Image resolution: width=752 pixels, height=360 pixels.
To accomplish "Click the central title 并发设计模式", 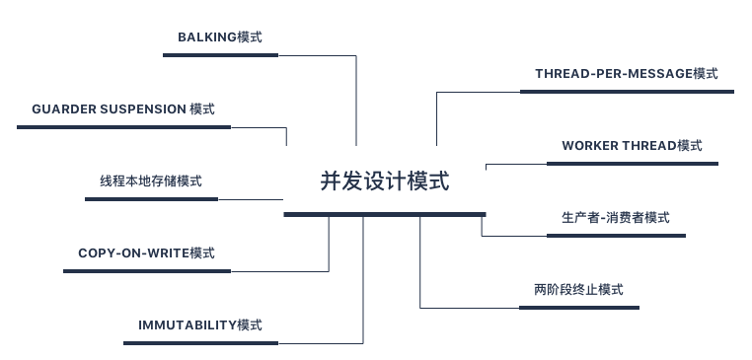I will click(x=384, y=181).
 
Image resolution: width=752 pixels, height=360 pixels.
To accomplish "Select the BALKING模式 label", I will click(x=219, y=37).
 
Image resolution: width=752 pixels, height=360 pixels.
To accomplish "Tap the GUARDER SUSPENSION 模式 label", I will click(x=123, y=108).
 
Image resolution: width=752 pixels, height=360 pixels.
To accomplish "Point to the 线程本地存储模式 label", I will click(x=150, y=181).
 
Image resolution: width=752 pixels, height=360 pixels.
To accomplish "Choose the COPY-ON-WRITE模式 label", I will click(x=146, y=253).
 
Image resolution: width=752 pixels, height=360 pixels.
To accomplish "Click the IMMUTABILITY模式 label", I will click(x=200, y=325).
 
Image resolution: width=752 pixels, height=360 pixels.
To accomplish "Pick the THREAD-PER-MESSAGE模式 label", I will click(x=626, y=74).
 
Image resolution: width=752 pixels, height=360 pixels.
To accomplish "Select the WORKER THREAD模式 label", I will click(x=632, y=146).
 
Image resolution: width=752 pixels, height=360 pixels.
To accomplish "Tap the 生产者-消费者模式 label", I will click(x=615, y=218).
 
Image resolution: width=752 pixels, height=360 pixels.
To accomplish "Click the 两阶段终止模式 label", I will click(x=578, y=290).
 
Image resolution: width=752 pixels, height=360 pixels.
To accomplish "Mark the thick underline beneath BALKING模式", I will click(x=219, y=55).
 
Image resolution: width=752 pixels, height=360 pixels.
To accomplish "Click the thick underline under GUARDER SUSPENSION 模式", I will click(x=123, y=127).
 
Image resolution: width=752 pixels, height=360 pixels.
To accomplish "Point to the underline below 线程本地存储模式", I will click(x=150, y=199).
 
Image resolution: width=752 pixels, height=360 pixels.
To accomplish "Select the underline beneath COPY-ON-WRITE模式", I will click(x=146, y=271).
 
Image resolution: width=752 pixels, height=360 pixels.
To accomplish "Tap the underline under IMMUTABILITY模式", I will click(x=200, y=343).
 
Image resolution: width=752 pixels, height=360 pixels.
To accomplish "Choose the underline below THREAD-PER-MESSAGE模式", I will click(x=626, y=92).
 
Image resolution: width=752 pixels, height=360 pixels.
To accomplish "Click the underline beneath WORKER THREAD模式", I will click(x=632, y=164).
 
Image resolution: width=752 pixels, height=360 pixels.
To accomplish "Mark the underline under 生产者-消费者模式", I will click(x=615, y=236).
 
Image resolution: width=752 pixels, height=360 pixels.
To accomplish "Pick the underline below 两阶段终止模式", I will click(x=578, y=308).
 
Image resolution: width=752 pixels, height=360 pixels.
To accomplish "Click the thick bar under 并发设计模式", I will click(x=384, y=214).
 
